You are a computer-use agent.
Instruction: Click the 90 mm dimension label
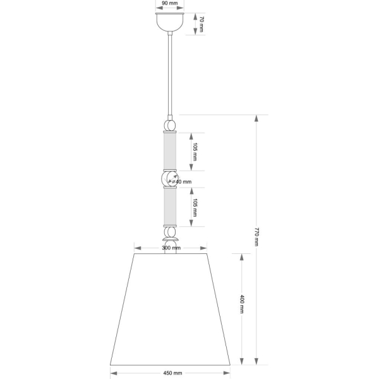(170, 3)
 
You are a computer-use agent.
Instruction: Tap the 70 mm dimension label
(202, 24)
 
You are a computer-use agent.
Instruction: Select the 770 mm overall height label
(256, 237)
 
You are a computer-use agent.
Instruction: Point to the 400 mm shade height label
(242, 304)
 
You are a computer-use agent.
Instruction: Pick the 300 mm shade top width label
(171, 248)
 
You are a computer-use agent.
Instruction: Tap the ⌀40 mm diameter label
(182, 181)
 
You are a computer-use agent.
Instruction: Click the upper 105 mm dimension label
(195, 152)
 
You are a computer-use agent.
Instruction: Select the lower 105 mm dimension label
(195, 208)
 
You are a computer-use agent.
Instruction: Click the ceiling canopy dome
(170, 22)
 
